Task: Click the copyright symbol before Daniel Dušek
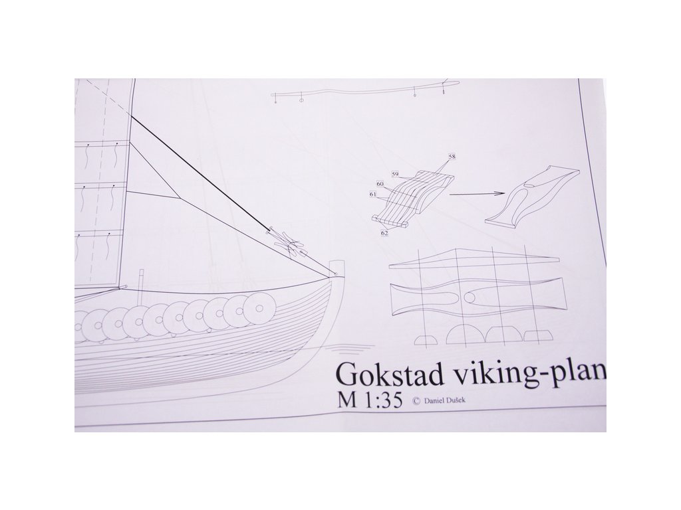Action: (416, 401)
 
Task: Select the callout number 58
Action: (452, 156)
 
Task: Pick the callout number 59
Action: (394, 175)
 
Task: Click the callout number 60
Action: (380, 184)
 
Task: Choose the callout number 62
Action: (385, 234)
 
